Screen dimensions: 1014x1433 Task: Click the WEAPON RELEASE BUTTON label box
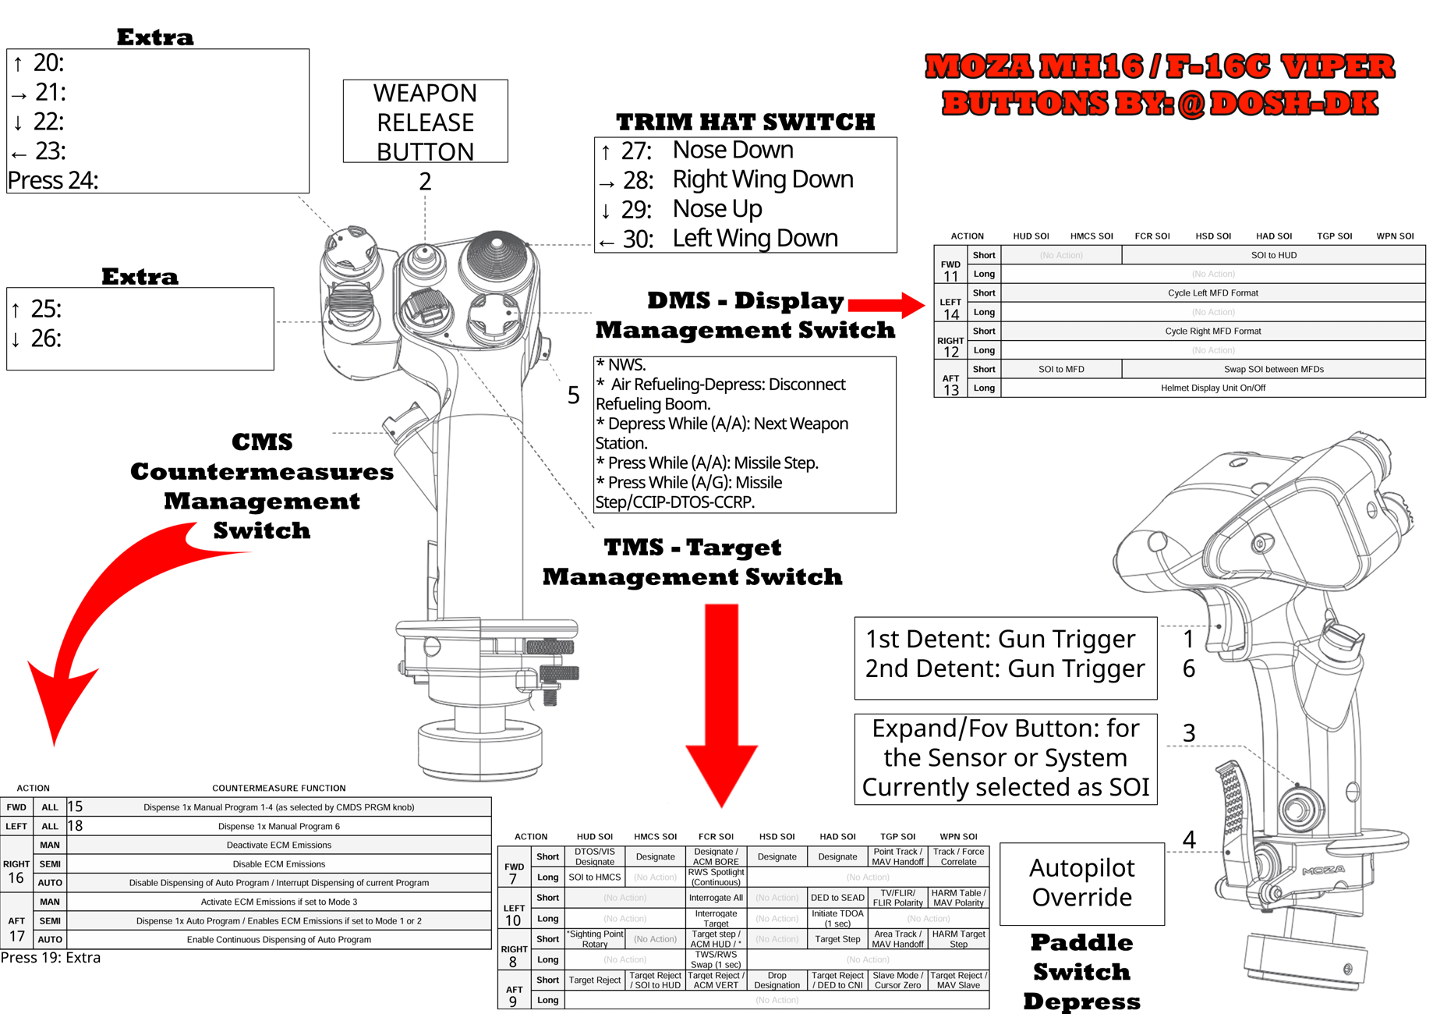pyautogui.click(x=425, y=122)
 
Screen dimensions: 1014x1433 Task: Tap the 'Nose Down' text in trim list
pyautogui.click(x=732, y=150)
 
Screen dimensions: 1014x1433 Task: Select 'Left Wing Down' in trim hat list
pyautogui.click(x=755, y=238)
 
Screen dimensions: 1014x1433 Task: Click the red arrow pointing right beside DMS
pyautogui.click(x=886, y=304)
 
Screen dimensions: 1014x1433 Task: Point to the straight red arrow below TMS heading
pyautogui.click(x=722, y=702)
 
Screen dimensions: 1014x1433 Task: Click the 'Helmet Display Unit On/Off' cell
pyautogui.click(x=1212, y=388)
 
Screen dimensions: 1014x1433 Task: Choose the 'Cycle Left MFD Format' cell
pyautogui.click(x=1212, y=292)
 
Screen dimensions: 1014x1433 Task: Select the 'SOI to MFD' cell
pyautogui.click(x=1060, y=369)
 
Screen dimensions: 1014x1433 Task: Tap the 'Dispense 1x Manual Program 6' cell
pyautogui.click(x=278, y=826)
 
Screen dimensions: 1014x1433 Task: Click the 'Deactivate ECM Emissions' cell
pyautogui.click(x=278, y=845)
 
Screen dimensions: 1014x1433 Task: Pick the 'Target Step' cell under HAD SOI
pyautogui.click(x=837, y=939)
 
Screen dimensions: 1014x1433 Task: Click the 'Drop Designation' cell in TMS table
pyautogui.click(x=777, y=980)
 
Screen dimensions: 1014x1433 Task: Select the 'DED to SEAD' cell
pyautogui.click(x=837, y=898)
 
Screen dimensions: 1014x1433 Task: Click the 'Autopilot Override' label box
pyautogui.click(x=1081, y=883)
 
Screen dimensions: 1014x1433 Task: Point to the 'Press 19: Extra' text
pyautogui.click(x=51, y=958)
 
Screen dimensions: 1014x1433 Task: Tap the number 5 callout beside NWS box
pyautogui.click(x=573, y=395)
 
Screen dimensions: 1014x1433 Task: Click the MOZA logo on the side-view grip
pyautogui.click(x=1322, y=870)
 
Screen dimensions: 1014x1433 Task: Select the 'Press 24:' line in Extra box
pyautogui.click(x=53, y=180)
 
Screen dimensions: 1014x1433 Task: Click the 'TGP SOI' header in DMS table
pyautogui.click(x=1334, y=236)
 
